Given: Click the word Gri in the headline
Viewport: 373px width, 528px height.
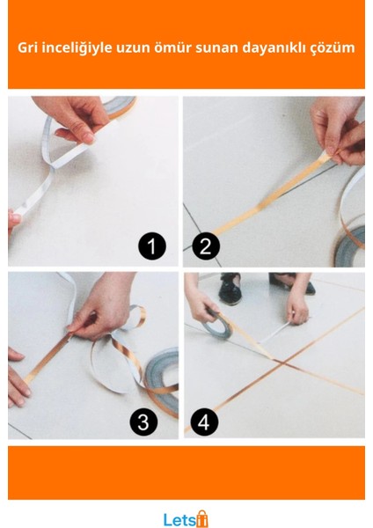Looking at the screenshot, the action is point(28,48).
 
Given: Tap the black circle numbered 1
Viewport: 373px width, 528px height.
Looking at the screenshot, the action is point(152,246).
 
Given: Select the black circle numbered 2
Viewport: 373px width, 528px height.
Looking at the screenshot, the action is point(206,246).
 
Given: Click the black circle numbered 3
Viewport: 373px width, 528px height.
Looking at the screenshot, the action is point(143,422).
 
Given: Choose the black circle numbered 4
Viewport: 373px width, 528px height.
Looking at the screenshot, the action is point(204,422).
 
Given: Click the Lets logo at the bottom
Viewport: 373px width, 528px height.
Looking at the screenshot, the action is point(186,519).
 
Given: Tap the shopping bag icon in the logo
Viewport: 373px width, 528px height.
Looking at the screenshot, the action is point(202,518).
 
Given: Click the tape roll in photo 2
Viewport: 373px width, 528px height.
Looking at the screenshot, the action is point(351,246).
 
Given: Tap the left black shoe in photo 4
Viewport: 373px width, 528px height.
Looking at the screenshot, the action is point(230,289).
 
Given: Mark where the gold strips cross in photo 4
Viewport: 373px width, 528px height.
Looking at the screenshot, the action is point(283,363).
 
